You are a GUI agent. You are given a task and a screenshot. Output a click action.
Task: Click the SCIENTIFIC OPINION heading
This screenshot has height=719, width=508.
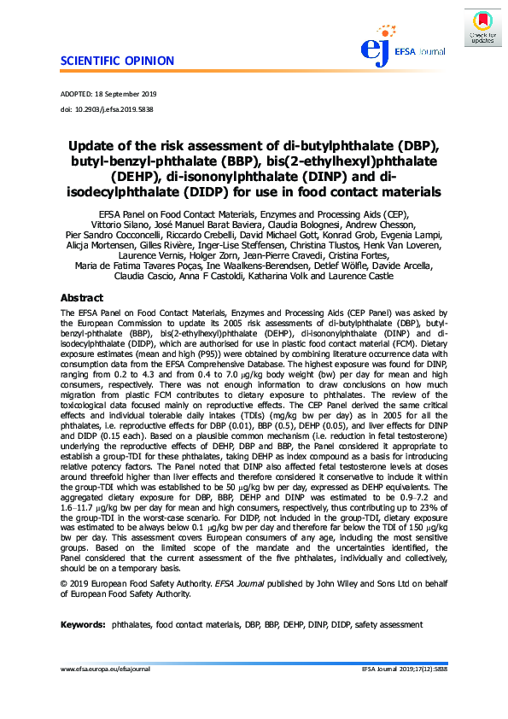tap(117, 61)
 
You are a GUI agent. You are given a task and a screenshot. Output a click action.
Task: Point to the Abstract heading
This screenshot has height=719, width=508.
tap(81, 298)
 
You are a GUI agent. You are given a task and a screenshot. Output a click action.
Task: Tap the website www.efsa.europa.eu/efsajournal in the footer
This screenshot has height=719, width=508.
tap(105, 693)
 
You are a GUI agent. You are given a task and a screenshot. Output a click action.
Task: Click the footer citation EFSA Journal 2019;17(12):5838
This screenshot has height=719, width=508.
tap(405, 693)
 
